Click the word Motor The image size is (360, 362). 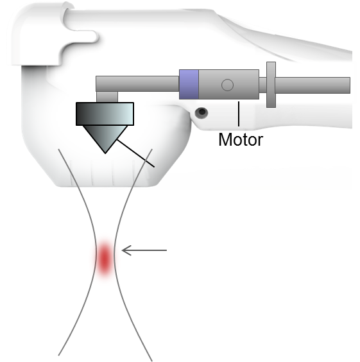[241, 139]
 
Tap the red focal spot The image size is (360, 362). [105, 258]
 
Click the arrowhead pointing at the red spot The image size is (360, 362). [126, 250]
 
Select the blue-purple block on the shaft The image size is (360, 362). [189, 84]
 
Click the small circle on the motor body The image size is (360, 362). [227, 85]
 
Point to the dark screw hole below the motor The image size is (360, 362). [201, 112]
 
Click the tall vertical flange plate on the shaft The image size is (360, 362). [271, 85]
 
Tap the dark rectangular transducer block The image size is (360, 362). [105, 114]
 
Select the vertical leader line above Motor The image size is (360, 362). [239, 114]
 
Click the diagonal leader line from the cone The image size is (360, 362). [135, 153]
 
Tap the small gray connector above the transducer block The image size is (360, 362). [107, 97]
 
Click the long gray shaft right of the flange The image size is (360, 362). [313, 85]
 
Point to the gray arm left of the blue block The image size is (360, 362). [137, 83]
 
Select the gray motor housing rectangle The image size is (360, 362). [228, 84]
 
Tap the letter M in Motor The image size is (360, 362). [225, 139]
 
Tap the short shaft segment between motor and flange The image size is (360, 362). [262, 85]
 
